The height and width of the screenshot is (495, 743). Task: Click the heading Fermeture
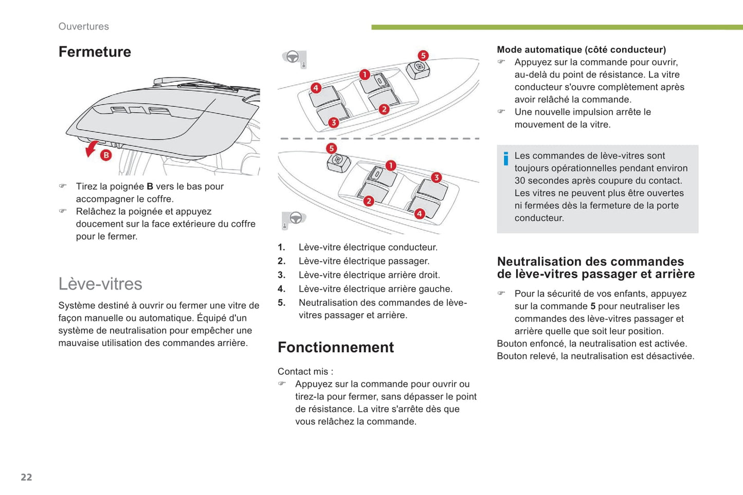tap(95, 52)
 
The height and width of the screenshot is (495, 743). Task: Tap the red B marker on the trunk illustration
tap(106, 155)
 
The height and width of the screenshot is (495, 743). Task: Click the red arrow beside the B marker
tap(91, 149)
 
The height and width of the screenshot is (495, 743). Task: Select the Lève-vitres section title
tap(100, 283)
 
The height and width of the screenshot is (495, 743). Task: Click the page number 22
tap(26, 477)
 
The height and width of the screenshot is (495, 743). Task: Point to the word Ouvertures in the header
tap(83, 26)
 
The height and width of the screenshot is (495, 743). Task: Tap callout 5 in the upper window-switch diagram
tap(423, 55)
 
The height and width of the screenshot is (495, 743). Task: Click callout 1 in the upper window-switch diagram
tap(365, 74)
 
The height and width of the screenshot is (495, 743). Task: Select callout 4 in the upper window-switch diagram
tap(316, 88)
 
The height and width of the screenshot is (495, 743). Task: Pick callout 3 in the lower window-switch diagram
tap(436, 177)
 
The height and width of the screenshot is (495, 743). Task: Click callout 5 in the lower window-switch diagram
tap(332, 148)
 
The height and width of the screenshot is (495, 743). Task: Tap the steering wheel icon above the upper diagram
tap(293, 57)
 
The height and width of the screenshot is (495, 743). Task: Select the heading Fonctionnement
tap(336, 347)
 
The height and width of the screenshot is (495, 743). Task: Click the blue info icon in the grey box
tap(506, 159)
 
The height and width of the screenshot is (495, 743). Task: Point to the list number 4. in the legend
tap(281, 289)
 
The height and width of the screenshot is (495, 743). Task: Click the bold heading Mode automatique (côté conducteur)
tap(581, 50)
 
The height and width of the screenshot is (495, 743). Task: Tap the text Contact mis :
tap(305, 371)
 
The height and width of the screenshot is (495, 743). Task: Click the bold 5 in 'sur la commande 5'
tap(593, 306)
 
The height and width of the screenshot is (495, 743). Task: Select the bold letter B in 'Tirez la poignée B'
tap(150, 186)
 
